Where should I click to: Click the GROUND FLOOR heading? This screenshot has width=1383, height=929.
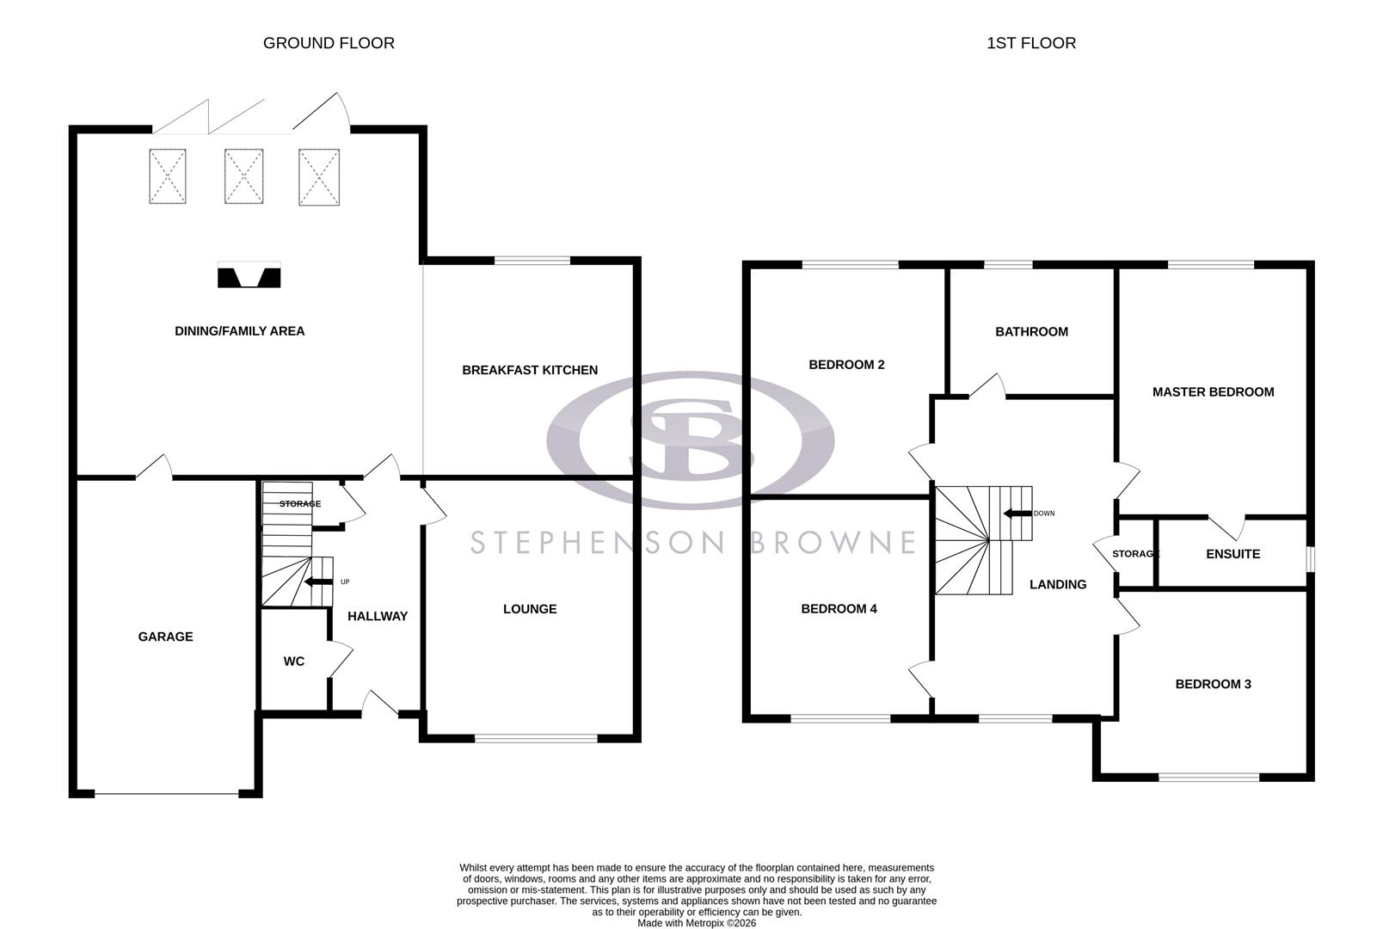click(x=329, y=43)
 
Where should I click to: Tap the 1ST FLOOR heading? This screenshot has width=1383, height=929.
click(x=1030, y=43)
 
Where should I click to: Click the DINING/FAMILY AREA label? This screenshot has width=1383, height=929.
click(x=239, y=331)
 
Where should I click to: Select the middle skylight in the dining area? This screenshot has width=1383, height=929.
click(x=243, y=176)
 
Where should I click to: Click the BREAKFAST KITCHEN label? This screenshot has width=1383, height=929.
click(x=530, y=370)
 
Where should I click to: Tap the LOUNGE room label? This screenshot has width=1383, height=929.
click(x=530, y=609)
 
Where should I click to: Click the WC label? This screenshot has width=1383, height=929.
click(x=294, y=661)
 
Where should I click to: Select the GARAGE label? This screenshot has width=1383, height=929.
click(x=165, y=637)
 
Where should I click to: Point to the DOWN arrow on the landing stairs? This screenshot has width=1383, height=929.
click(x=1017, y=514)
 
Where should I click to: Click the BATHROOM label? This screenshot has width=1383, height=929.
click(x=1031, y=331)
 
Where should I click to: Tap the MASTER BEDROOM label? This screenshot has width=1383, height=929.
click(x=1213, y=392)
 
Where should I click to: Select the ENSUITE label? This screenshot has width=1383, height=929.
click(x=1232, y=554)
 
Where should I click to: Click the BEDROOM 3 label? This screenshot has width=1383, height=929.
click(x=1213, y=685)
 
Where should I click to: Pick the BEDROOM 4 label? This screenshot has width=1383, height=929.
click(x=839, y=609)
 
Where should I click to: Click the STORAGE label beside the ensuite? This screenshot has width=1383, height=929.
click(x=1135, y=554)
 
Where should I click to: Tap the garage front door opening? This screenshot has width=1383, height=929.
click(x=166, y=793)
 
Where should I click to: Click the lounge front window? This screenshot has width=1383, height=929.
click(x=536, y=737)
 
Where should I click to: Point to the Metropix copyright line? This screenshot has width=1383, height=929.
click(x=696, y=923)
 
